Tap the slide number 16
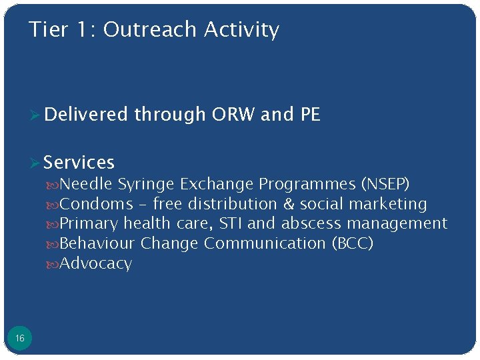(x=20, y=339)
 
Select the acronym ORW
(x=233, y=115)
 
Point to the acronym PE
(x=310, y=115)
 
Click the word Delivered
(x=85, y=115)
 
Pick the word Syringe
(x=147, y=184)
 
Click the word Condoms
(x=97, y=204)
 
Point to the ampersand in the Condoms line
(x=289, y=204)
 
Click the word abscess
(x=311, y=224)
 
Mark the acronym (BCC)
(x=352, y=244)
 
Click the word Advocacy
(x=96, y=264)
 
